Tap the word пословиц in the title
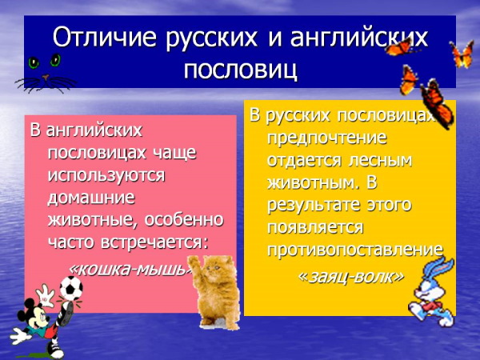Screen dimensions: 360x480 240,69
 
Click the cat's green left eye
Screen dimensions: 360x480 34,62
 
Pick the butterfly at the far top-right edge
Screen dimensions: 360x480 462,54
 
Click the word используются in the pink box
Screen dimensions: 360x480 106,174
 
